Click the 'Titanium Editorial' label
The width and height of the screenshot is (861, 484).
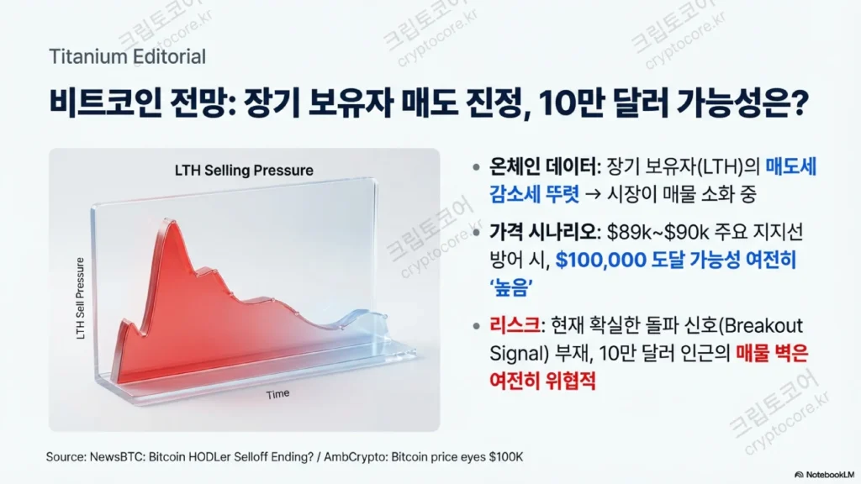[x=128, y=56]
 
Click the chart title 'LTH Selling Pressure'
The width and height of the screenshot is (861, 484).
[x=244, y=171]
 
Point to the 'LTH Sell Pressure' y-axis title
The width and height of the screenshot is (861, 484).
[x=80, y=298]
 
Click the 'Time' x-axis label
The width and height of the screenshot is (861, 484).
[x=277, y=394]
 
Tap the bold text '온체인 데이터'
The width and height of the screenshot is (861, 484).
[x=542, y=166]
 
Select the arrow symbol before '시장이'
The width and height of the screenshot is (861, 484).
[x=593, y=194]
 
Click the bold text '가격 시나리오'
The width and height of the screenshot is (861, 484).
[x=542, y=232]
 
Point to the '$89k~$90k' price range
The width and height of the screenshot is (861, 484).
[x=658, y=232]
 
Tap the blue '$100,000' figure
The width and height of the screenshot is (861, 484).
[x=600, y=260]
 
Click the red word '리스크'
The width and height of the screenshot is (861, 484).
[x=514, y=325]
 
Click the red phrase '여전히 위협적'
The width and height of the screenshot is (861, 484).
[x=542, y=381]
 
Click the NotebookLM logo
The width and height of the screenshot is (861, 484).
[x=824, y=475]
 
